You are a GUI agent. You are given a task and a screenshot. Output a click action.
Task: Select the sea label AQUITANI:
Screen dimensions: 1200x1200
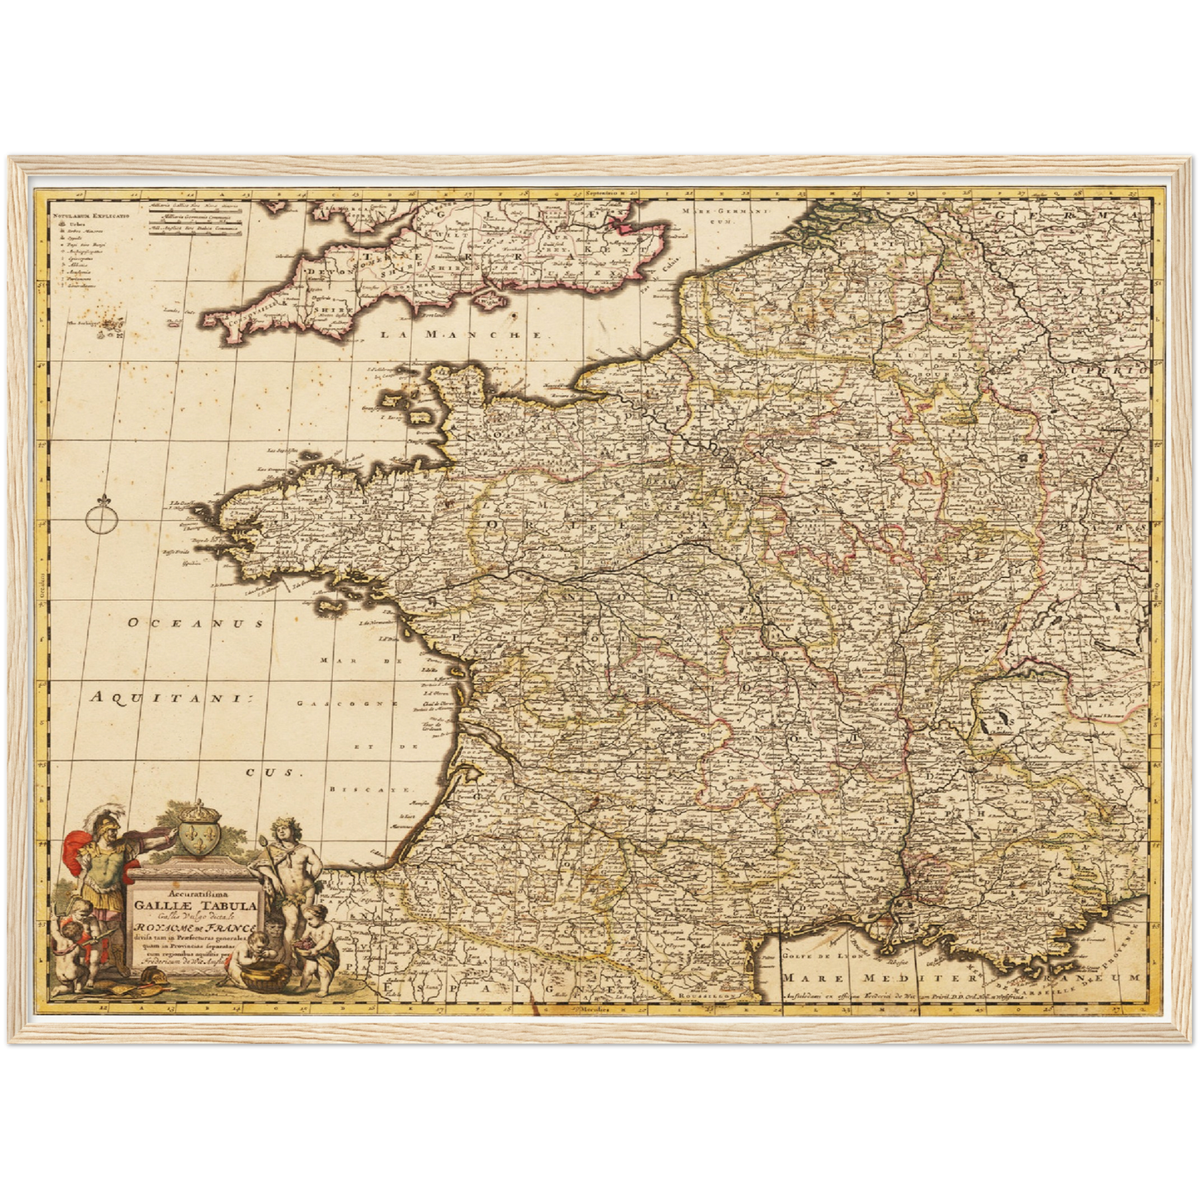click(x=170, y=698)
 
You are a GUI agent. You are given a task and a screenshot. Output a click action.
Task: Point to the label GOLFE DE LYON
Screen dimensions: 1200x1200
click(x=815, y=955)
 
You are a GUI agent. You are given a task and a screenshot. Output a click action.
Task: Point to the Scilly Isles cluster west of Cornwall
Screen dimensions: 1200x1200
click(x=106, y=329)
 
